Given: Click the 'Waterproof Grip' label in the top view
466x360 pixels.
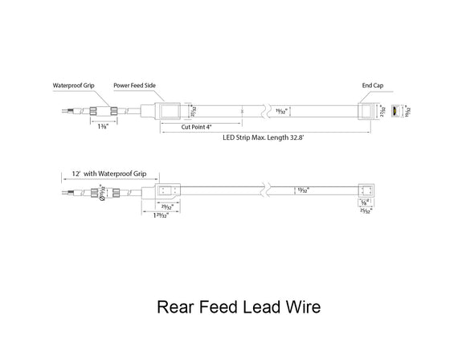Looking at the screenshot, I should point(74,84).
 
